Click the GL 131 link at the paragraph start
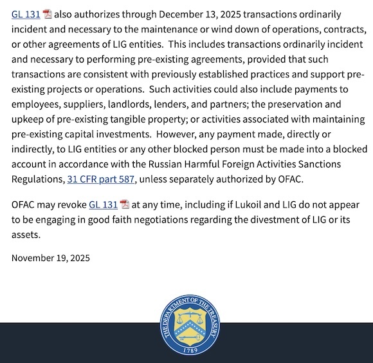pos(26,14)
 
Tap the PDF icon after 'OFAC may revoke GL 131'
pos(125,204)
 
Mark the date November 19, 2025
pos(51,258)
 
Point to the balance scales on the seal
pos(187,319)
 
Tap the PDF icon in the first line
pos(48,14)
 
